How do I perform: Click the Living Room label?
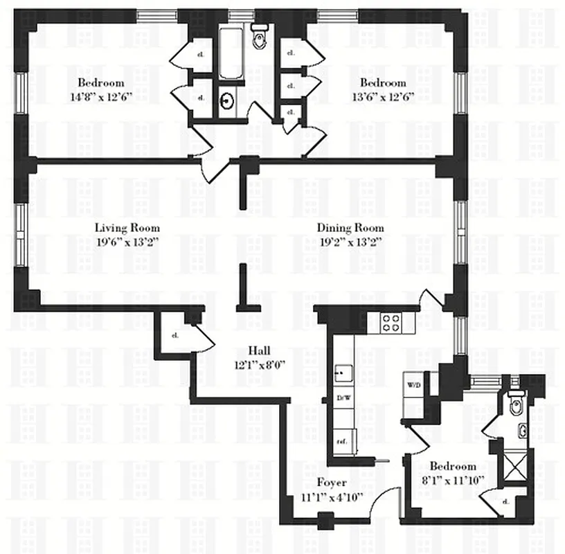(x=127, y=228)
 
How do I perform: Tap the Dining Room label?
(x=350, y=228)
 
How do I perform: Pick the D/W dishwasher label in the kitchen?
(x=341, y=397)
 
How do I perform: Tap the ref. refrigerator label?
(x=341, y=440)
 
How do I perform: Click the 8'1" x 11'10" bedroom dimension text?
(x=452, y=479)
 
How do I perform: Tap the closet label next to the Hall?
(x=174, y=336)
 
